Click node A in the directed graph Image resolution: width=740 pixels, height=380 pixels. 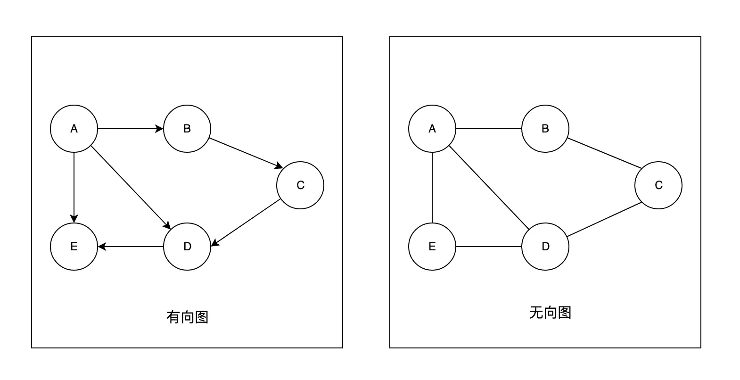[74, 129]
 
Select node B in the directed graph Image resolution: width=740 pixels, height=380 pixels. [187, 129]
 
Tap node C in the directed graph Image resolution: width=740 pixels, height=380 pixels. [300, 185]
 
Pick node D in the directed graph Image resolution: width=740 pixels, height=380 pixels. [187, 247]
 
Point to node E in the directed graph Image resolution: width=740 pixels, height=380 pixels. [74, 247]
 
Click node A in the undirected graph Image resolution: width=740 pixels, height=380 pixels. [432, 129]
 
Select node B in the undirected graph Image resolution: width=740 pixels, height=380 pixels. [545, 129]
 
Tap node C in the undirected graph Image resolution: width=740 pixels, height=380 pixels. [658, 185]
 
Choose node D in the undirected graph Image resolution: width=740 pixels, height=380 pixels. [545, 247]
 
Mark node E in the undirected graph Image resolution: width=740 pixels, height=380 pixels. [432, 247]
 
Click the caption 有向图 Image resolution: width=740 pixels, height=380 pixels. [187, 317]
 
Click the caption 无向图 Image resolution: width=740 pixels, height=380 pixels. [550, 313]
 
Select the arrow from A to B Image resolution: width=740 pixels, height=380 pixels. [130, 129]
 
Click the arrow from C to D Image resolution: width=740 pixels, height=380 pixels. [246, 223]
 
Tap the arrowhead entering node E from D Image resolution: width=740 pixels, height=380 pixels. [101, 247]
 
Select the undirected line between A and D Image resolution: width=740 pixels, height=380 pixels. [489, 188]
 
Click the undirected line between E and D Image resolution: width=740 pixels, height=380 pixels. [489, 247]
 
